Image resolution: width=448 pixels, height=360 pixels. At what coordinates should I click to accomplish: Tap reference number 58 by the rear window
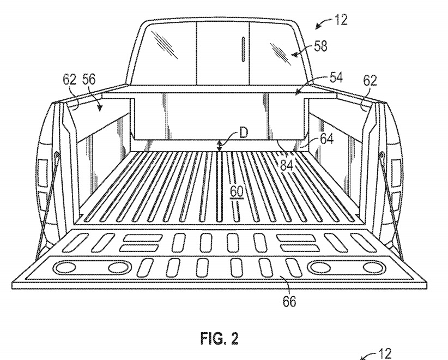click(320, 47)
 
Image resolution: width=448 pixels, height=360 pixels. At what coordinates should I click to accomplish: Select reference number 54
click(336, 78)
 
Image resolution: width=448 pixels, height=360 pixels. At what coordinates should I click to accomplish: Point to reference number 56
click(89, 80)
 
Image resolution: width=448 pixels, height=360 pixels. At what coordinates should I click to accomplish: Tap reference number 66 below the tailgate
click(289, 301)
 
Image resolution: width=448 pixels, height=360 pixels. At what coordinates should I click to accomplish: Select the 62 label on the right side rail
click(370, 81)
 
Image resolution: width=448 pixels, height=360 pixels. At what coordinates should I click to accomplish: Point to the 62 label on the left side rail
click(70, 80)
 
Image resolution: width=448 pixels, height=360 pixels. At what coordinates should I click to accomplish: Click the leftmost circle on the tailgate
click(66, 268)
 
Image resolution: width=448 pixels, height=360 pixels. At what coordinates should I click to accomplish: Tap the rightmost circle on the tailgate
click(373, 267)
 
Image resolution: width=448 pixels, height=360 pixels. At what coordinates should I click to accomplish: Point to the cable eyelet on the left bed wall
click(57, 156)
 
